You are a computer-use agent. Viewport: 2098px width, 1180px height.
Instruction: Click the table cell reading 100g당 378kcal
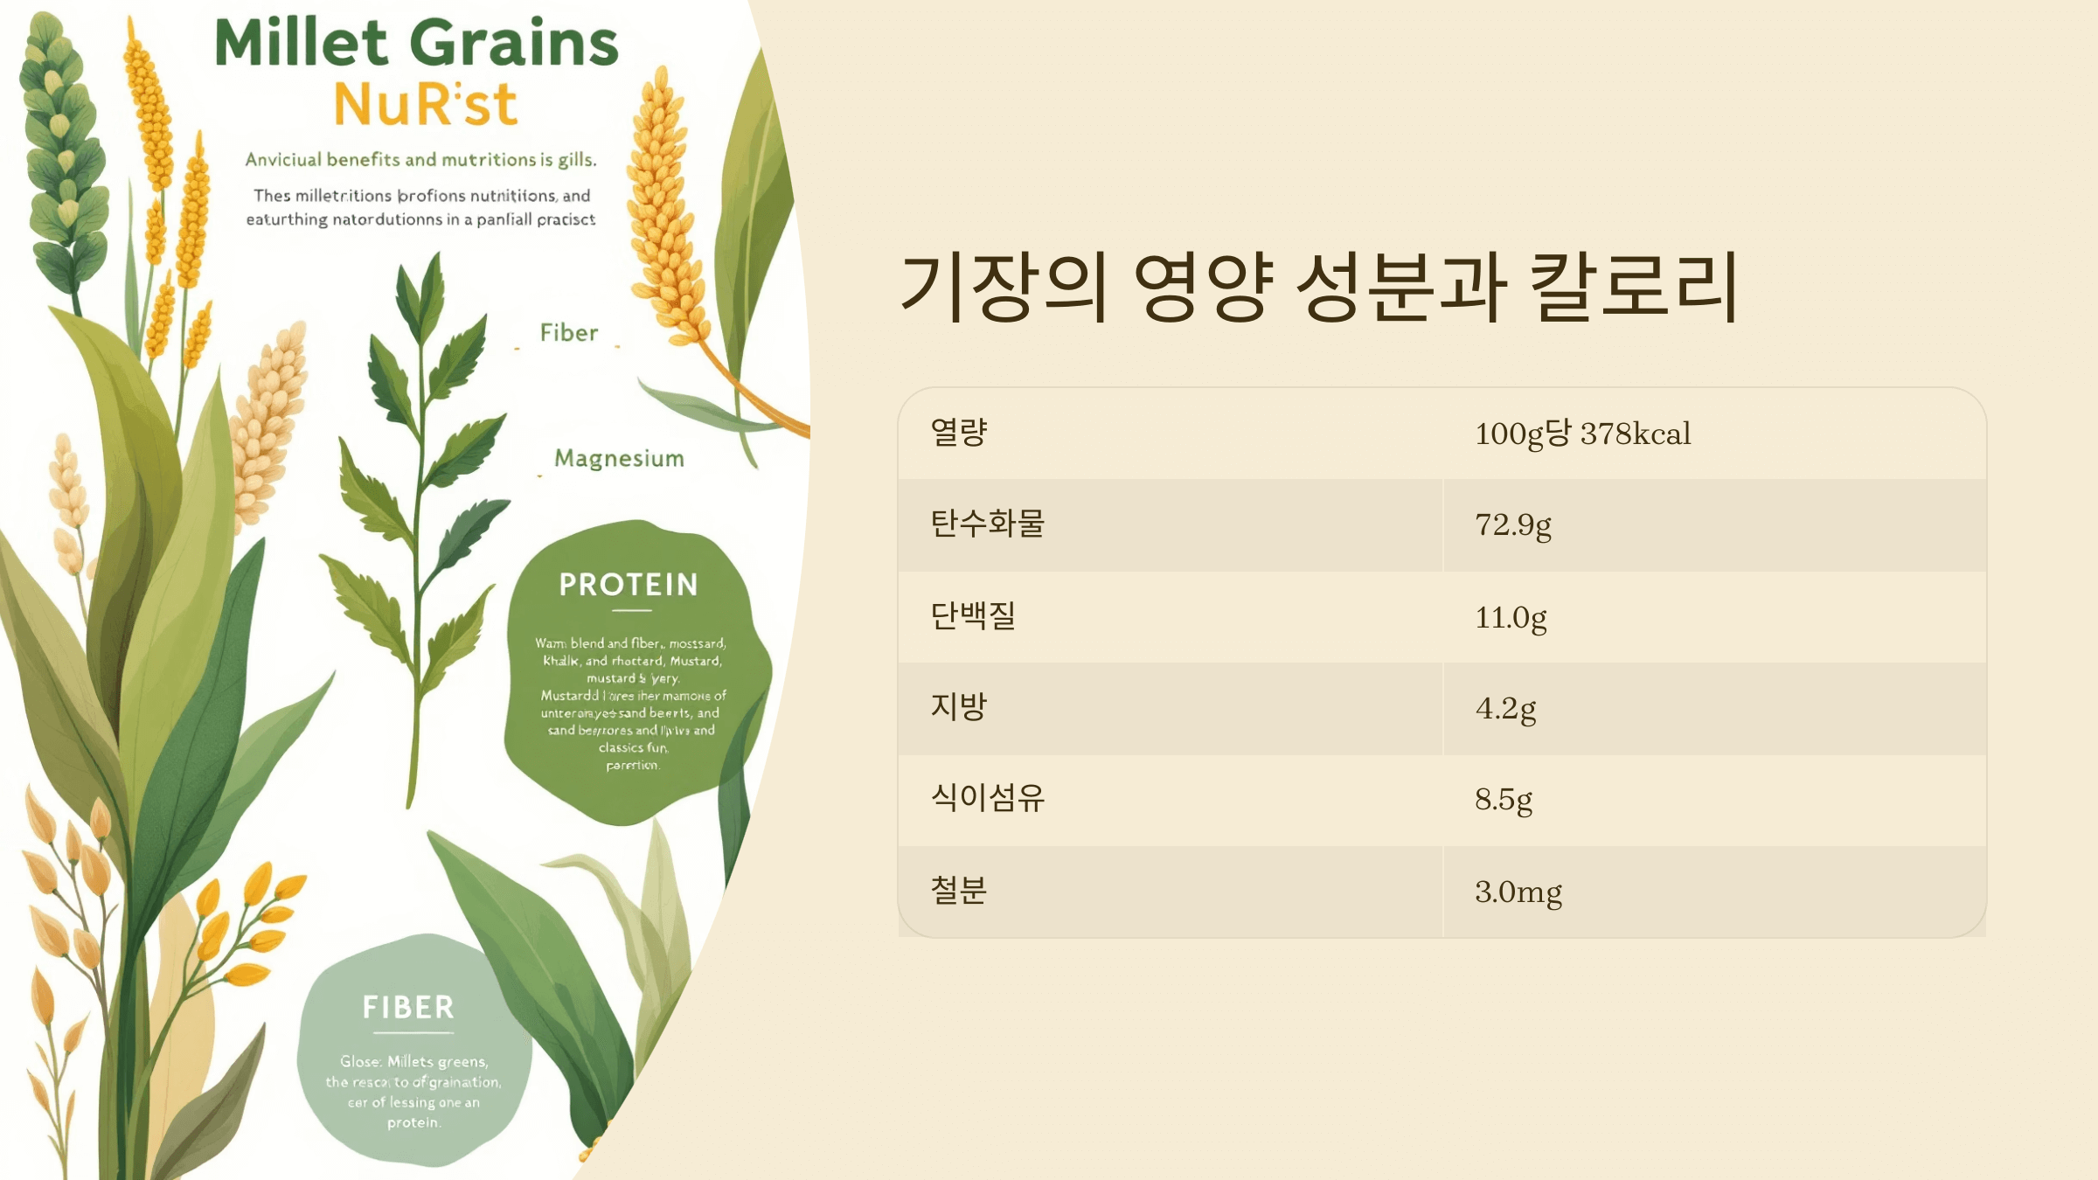[x=1582, y=434]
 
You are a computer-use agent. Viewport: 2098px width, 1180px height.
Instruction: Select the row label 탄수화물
[x=987, y=524]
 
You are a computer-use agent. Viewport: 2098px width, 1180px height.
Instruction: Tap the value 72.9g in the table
[x=1513, y=525]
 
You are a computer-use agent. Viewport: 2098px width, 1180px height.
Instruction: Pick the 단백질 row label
[x=973, y=615]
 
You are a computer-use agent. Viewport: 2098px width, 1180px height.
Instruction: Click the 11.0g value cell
[x=1511, y=618]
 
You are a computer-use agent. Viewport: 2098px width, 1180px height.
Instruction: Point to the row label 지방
[x=959, y=706]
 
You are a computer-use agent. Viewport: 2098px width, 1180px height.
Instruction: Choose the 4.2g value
[x=1505, y=709]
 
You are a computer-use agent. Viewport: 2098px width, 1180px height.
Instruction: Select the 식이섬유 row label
[x=987, y=797]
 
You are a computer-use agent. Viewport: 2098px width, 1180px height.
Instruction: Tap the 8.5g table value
[x=1504, y=800]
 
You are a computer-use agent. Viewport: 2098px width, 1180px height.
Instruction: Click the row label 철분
[x=959, y=891]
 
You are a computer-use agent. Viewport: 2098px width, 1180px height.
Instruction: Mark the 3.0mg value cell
[x=1518, y=892]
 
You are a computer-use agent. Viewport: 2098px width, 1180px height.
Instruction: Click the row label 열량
[x=959, y=432]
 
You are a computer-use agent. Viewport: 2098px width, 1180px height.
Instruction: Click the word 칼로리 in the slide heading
[x=1633, y=287]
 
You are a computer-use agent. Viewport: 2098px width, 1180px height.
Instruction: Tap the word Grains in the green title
[x=514, y=44]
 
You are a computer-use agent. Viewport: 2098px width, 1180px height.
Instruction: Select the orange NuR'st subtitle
[x=426, y=105]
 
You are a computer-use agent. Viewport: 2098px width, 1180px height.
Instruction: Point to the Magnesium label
[x=619, y=459]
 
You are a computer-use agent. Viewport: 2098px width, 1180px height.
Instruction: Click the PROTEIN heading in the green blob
[x=629, y=585]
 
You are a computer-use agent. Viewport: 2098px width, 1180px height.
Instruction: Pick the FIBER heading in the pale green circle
[x=409, y=1008]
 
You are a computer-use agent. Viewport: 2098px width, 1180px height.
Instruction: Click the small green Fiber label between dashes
[x=569, y=333]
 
